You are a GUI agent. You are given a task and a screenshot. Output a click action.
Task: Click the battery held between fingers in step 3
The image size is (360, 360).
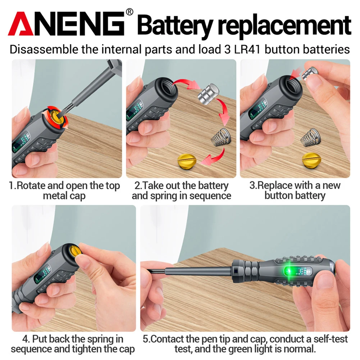(x=309, y=73)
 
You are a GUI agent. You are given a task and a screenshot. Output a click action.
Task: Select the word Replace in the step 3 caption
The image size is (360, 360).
(x=275, y=186)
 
